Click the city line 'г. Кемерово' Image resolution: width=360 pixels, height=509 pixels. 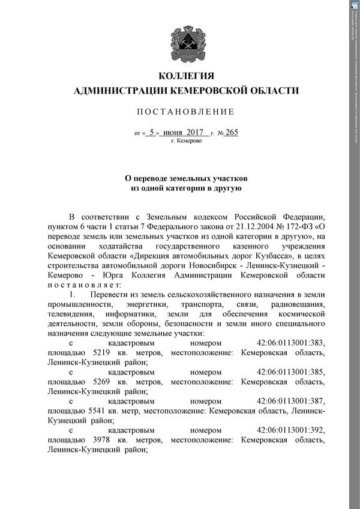point(186,141)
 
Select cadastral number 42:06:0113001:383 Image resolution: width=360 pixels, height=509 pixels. point(290,344)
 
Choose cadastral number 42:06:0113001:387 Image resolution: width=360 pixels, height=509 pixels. point(290,400)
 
